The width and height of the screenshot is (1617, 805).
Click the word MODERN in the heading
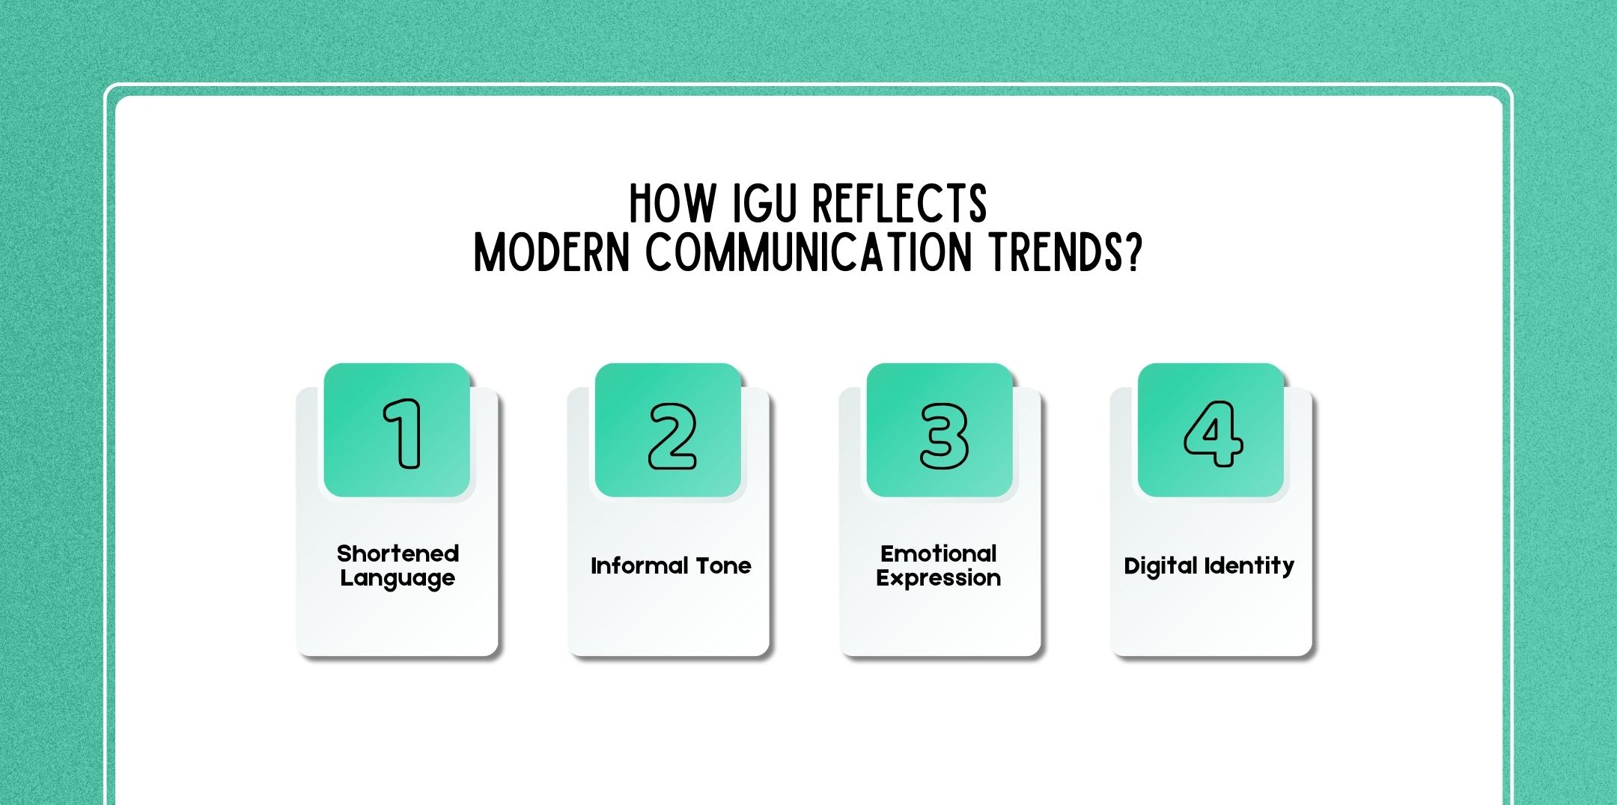552,253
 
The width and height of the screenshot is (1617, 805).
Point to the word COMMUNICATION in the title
808,253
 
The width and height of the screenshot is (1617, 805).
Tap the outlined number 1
404,434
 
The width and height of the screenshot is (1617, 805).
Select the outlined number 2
672,436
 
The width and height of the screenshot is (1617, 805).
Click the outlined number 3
943,436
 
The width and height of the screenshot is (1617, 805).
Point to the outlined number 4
1213,434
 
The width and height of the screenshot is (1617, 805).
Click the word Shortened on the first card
398,553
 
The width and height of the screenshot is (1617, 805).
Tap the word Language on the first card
398,578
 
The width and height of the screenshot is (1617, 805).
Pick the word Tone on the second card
723,565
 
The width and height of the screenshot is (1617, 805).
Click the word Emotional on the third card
939,553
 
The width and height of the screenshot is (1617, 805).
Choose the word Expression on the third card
939,578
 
